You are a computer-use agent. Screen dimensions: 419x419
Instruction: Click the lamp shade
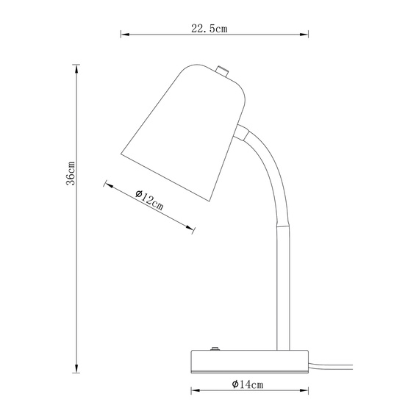point(184,129)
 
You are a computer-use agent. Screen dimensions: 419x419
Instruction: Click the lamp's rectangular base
point(248,361)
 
